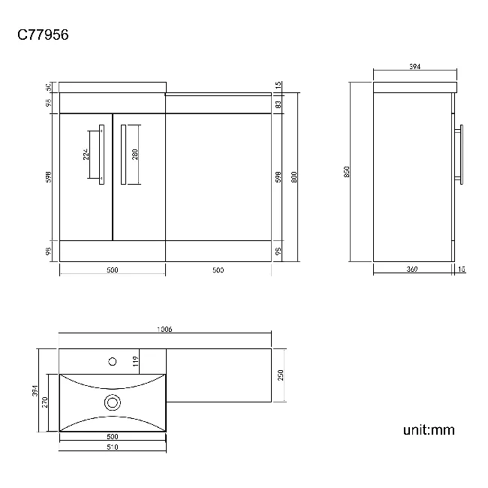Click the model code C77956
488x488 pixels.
(44, 35)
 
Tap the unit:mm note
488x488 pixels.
(429, 430)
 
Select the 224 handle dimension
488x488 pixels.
(86, 155)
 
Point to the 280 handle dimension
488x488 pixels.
(135, 155)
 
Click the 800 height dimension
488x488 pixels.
(295, 177)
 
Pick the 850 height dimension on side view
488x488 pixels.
(347, 172)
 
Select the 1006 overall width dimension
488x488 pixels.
(164, 329)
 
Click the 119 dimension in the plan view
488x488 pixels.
(136, 361)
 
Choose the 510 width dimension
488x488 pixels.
(112, 447)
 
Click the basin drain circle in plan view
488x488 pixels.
(113, 403)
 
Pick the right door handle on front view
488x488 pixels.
(123, 154)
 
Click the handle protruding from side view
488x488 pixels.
(462, 155)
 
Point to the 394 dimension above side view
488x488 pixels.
(414, 67)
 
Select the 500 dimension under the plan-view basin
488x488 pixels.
(112, 437)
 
